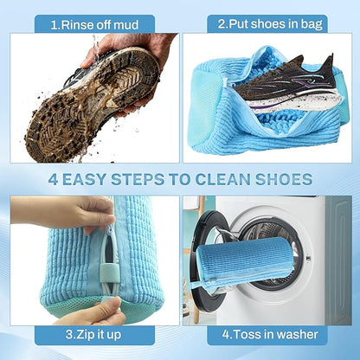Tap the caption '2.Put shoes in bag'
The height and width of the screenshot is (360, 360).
[269, 24]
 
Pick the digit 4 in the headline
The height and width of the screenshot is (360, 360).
[54, 180]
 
